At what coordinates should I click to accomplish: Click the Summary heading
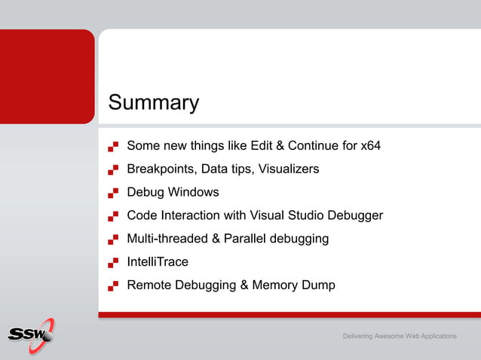point(154,102)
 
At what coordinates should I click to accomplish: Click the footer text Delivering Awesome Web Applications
point(400,335)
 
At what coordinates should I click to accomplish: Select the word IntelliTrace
point(158,262)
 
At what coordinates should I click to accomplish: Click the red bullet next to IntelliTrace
point(113,263)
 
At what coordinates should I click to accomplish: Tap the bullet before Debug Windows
point(113,193)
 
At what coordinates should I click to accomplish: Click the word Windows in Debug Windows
point(194,192)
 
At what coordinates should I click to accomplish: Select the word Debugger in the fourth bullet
point(355,215)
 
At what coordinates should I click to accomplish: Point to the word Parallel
point(246,239)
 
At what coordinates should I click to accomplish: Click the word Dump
point(320,285)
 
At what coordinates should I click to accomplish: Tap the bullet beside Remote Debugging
point(113,286)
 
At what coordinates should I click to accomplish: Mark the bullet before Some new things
point(113,146)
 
